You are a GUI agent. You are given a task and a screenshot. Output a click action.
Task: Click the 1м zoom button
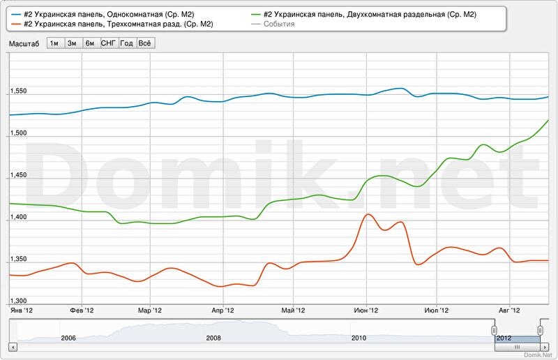pyautogui.click(x=54, y=43)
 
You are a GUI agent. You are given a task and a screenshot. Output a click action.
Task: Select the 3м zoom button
pyautogui.click(x=72, y=43)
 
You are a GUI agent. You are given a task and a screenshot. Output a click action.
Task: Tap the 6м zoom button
pyautogui.click(x=90, y=43)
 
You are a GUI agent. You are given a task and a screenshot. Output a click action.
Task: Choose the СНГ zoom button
pyautogui.click(x=109, y=43)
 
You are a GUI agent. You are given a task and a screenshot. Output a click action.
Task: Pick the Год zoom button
pyautogui.click(x=127, y=43)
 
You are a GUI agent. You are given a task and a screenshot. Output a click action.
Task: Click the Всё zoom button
pyautogui.click(x=145, y=43)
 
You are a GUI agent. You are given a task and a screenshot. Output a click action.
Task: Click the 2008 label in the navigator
pyautogui.click(x=213, y=338)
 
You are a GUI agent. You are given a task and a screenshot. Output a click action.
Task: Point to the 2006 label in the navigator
pyautogui.click(x=68, y=338)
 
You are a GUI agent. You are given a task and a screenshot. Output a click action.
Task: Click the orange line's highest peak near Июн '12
pyautogui.click(x=366, y=214)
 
